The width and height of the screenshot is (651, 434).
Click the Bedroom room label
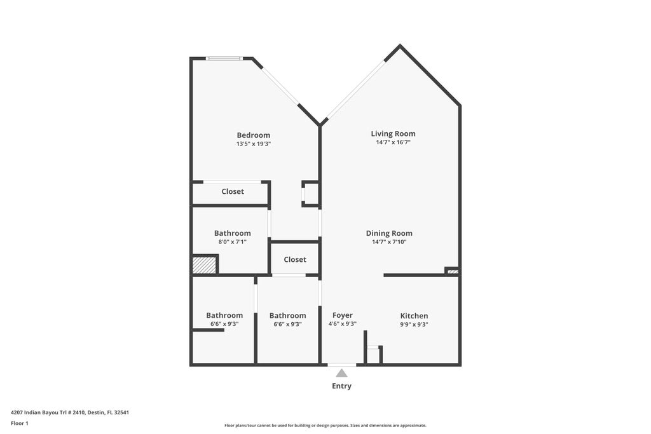253,135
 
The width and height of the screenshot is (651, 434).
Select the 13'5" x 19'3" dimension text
253,144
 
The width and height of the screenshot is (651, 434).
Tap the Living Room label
393,133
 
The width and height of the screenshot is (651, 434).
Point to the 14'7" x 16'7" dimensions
393,143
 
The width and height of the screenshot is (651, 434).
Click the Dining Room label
389,233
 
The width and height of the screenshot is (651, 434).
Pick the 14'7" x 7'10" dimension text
389,242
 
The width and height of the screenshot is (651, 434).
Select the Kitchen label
414,316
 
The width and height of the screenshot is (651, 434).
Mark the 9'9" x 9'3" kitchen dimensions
414,325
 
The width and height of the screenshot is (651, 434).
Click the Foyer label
342,315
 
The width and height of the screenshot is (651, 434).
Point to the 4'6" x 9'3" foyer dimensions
342,324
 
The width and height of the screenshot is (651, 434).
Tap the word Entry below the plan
341,386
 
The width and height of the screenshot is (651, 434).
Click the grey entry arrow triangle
342,373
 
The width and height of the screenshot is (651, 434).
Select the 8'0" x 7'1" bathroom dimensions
232,242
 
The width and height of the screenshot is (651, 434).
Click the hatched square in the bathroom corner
204,265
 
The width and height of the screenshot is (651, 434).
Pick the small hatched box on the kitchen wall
453,271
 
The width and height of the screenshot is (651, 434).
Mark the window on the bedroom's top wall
224,58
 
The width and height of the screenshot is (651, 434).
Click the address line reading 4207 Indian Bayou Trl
71,412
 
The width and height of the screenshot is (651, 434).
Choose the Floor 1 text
20,423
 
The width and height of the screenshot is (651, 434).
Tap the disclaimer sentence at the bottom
325,426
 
